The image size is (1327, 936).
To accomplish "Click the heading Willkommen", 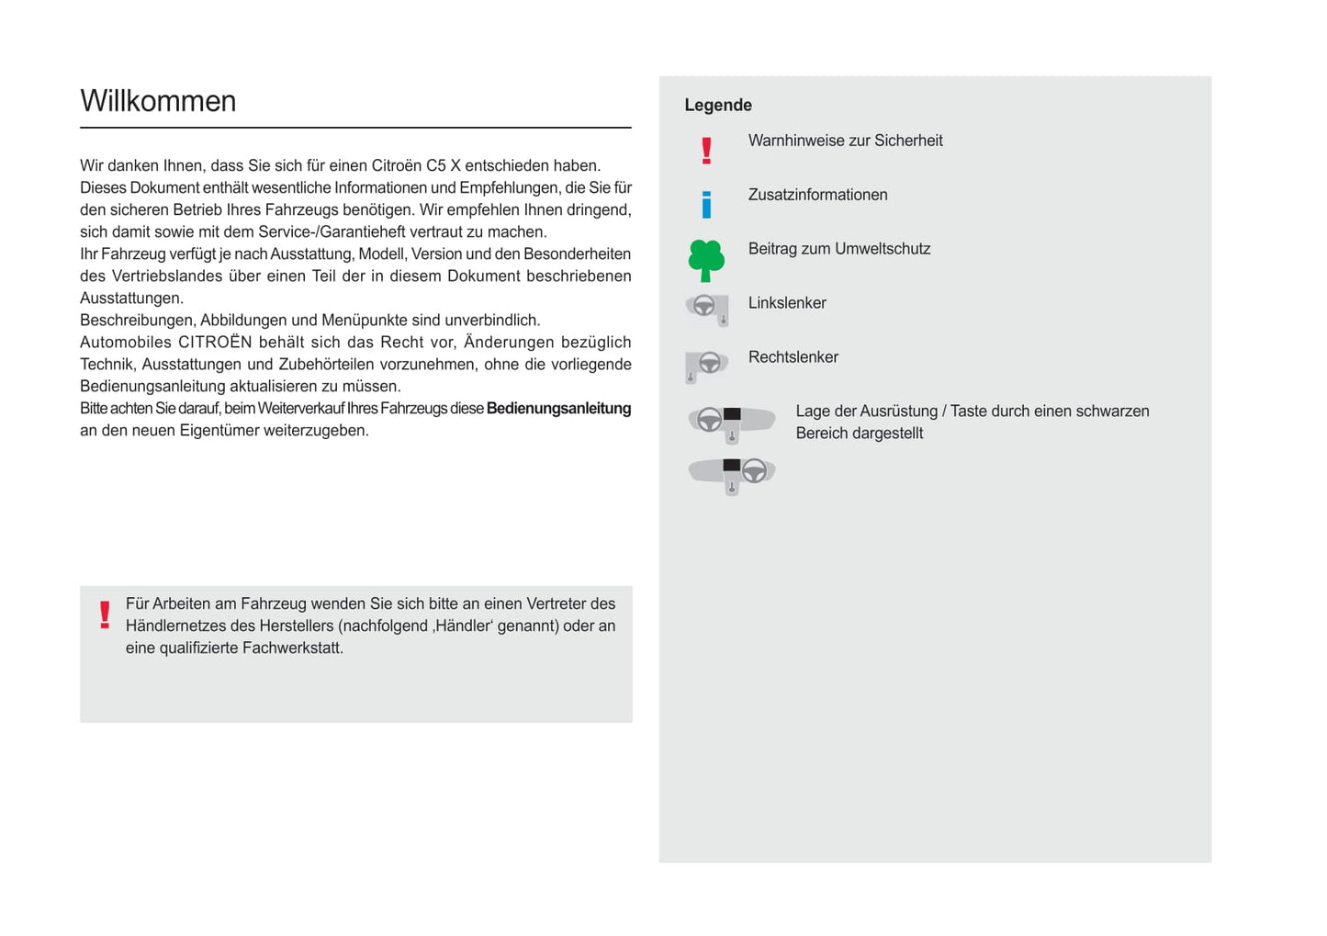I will point(158,101).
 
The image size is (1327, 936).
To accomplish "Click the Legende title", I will point(717,106).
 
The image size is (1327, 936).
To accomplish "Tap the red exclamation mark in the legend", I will point(706,151).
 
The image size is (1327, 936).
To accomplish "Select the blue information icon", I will point(706,205).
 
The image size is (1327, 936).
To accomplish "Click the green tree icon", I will point(706,260).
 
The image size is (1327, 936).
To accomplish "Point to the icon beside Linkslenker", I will point(707,309).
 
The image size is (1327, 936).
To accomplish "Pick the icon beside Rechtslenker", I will point(707,365).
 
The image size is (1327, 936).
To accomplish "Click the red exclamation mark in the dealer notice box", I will point(105,615).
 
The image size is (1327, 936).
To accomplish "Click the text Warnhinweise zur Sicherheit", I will point(845,141).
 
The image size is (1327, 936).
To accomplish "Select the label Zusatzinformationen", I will point(817,195).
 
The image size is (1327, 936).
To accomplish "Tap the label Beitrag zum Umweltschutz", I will point(838,249).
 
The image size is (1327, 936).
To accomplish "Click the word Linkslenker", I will point(787,303).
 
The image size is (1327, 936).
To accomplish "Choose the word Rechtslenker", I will point(793,357).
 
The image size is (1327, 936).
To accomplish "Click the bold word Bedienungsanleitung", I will point(558,409).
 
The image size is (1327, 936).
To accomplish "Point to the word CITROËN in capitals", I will point(215,343).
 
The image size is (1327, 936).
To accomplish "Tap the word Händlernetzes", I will point(174,626).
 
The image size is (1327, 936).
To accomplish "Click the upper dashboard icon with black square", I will point(732,423).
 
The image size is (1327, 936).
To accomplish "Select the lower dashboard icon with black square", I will point(732,474).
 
